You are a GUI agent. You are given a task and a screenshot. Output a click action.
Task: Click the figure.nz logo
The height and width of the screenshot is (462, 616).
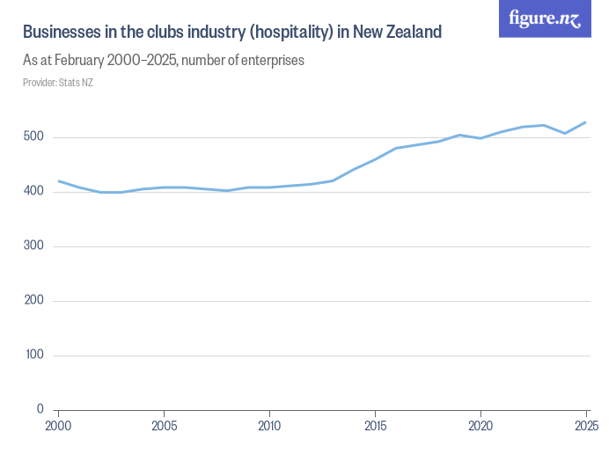point(545,18)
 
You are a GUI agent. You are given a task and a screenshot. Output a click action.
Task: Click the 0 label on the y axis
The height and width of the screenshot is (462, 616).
point(40,409)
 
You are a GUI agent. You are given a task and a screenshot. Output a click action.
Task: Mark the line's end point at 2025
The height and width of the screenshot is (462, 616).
point(586,122)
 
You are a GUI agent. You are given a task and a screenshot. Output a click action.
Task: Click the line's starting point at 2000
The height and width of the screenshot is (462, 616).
point(58,180)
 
